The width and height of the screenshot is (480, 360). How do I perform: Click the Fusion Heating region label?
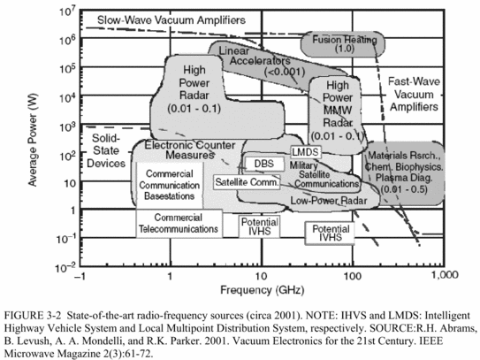(345, 44)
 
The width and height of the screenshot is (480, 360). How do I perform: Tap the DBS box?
(264, 164)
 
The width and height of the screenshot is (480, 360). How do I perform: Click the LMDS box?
(306, 151)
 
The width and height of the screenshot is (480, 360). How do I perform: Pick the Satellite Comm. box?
(247, 182)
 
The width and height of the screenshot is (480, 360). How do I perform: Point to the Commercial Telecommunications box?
(179, 224)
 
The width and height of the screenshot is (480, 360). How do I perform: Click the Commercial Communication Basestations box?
(170, 185)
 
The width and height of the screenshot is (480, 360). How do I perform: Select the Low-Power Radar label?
(329, 201)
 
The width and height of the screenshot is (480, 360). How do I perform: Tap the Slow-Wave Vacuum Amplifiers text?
(171, 20)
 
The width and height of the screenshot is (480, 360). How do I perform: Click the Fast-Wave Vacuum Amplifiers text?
(414, 94)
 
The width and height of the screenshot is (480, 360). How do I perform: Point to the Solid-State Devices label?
(106, 150)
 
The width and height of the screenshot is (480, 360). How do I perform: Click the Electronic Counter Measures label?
(190, 149)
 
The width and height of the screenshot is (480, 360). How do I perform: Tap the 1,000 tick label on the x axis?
(445, 275)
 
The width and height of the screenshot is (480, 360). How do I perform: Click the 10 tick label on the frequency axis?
(261, 276)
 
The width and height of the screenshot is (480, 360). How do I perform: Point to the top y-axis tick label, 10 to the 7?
(67, 12)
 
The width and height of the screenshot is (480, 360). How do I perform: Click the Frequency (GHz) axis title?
(263, 290)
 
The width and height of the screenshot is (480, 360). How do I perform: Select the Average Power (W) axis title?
(33, 140)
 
